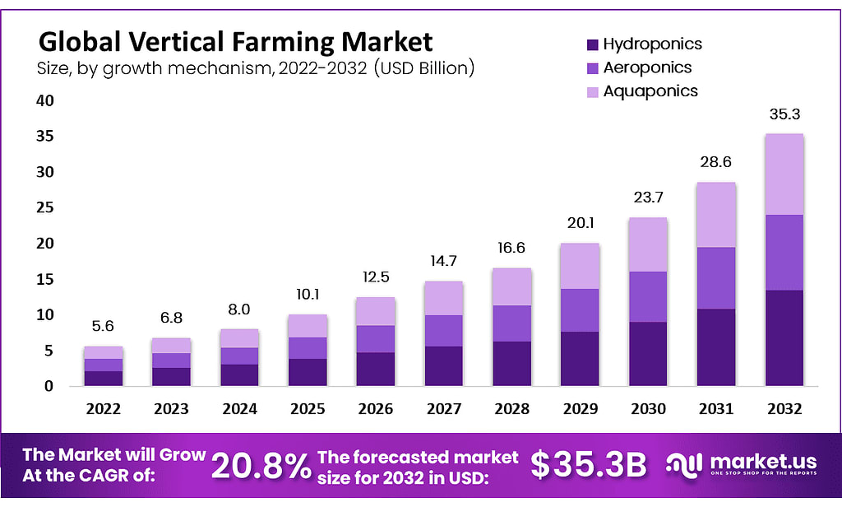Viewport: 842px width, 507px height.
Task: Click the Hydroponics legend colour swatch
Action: [x=593, y=44]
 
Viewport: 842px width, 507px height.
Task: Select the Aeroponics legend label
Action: [x=648, y=67]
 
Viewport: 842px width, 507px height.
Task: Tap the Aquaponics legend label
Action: [x=650, y=91]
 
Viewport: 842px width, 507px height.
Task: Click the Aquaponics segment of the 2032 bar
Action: [x=784, y=174]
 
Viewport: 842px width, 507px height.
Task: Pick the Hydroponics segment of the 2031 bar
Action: [x=715, y=347]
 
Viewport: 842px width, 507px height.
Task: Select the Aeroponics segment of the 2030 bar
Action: [x=647, y=296]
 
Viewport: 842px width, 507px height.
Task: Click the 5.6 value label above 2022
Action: [x=103, y=326]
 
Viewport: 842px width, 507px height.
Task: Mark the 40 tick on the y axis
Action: [x=44, y=100]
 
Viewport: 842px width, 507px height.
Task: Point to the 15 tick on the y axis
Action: [x=44, y=279]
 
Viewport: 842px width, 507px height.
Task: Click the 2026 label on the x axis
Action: [x=375, y=408]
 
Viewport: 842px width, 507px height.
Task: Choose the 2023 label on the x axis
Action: [x=171, y=408]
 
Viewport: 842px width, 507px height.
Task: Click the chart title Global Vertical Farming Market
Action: [x=235, y=40]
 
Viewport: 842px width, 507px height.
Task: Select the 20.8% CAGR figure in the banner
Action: [x=261, y=465]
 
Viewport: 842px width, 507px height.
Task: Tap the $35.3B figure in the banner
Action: [x=588, y=465]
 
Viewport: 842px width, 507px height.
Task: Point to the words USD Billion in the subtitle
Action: [x=424, y=67]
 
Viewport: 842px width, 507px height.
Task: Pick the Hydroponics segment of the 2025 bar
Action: [x=307, y=372]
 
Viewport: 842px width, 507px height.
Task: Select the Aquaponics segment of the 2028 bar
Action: [x=511, y=286]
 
